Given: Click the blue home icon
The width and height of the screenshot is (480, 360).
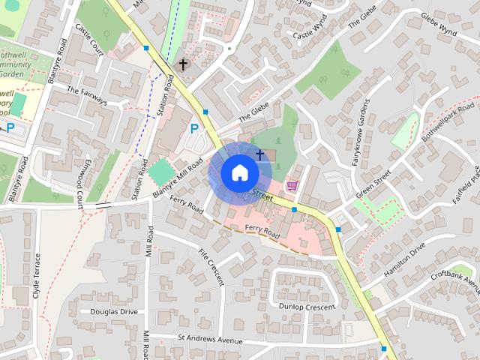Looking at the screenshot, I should (x=239, y=173).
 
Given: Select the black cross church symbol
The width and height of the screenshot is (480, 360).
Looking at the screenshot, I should (x=182, y=65).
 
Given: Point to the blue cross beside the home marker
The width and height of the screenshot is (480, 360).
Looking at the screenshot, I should (x=259, y=155).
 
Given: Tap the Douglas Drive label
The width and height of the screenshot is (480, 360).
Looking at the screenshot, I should (x=114, y=311).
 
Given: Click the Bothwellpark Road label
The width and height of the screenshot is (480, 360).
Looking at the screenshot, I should (x=443, y=119).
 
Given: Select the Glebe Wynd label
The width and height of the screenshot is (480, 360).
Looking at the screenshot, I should (x=439, y=23).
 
